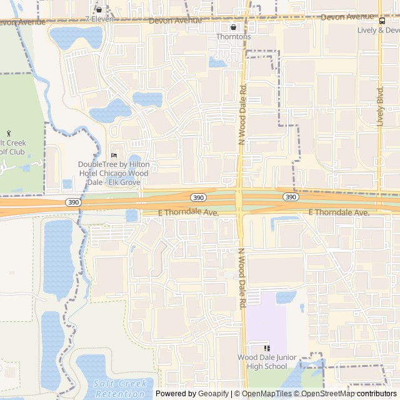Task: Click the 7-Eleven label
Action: tap(98, 19)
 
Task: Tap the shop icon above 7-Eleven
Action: tap(99, 9)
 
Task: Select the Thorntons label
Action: tap(233, 37)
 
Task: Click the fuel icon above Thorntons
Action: tap(233, 27)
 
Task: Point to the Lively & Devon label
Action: tap(379, 30)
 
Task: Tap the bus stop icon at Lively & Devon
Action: tap(381, 19)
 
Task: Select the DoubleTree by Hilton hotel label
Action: tap(113, 173)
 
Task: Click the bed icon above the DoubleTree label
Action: tap(113, 156)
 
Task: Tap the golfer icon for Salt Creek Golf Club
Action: tap(9, 133)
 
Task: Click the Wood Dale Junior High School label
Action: tap(266, 362)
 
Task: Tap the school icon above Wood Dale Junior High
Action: tap(267, 348)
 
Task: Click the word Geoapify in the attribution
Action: tap(214, 394)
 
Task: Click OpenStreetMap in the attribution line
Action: tap(327, 394)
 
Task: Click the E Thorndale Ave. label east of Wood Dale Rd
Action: tap(339, 213)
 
